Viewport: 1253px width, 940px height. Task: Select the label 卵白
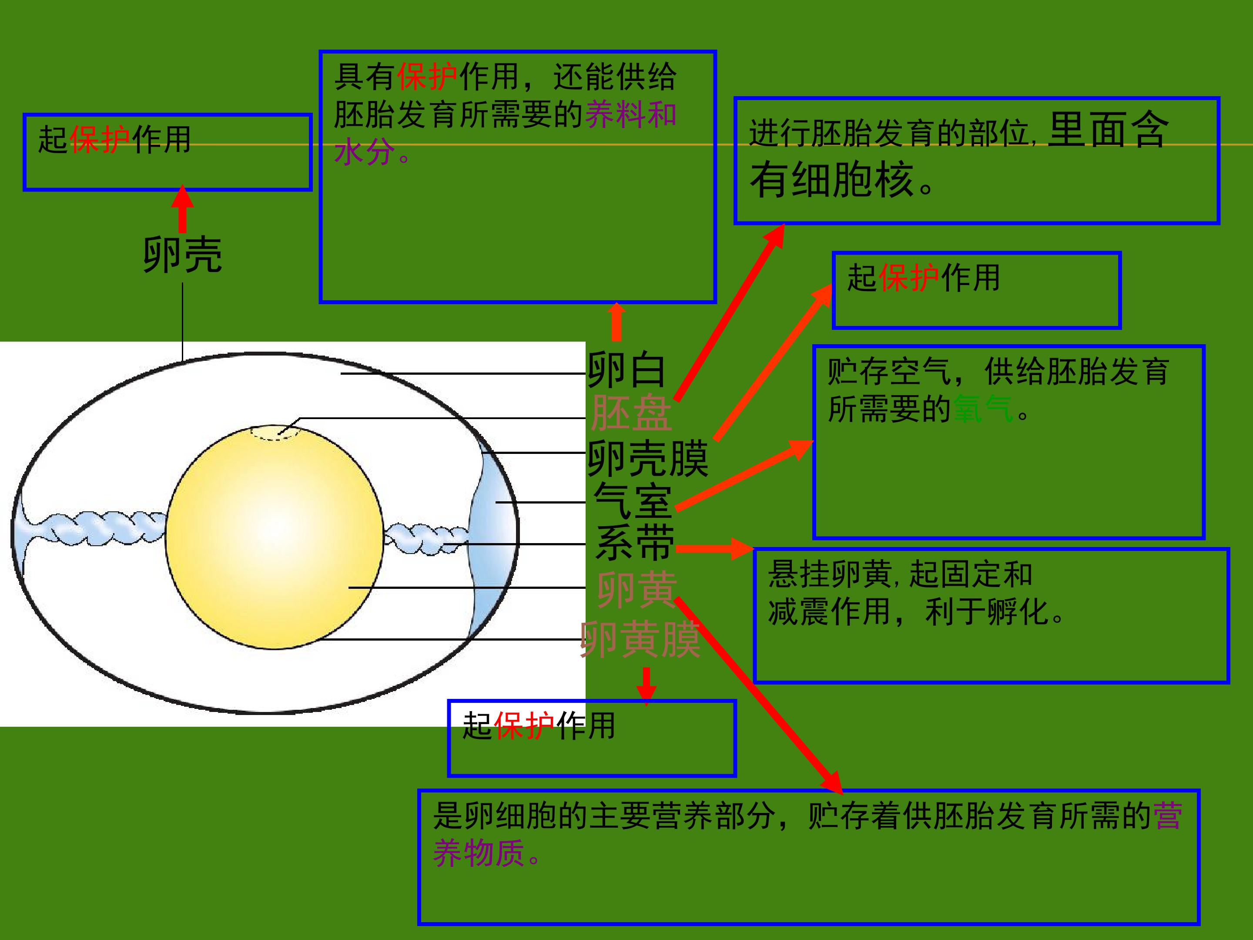626,369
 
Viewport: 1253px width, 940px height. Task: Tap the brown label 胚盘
631,413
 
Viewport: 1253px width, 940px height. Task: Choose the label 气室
633,501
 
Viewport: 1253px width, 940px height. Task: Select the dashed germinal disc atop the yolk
276,432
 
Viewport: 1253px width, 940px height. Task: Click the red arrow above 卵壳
182,208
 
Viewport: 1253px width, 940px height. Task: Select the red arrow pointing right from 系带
715,548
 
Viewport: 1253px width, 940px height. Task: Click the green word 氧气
984,408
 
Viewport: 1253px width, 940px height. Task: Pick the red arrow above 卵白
616,322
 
